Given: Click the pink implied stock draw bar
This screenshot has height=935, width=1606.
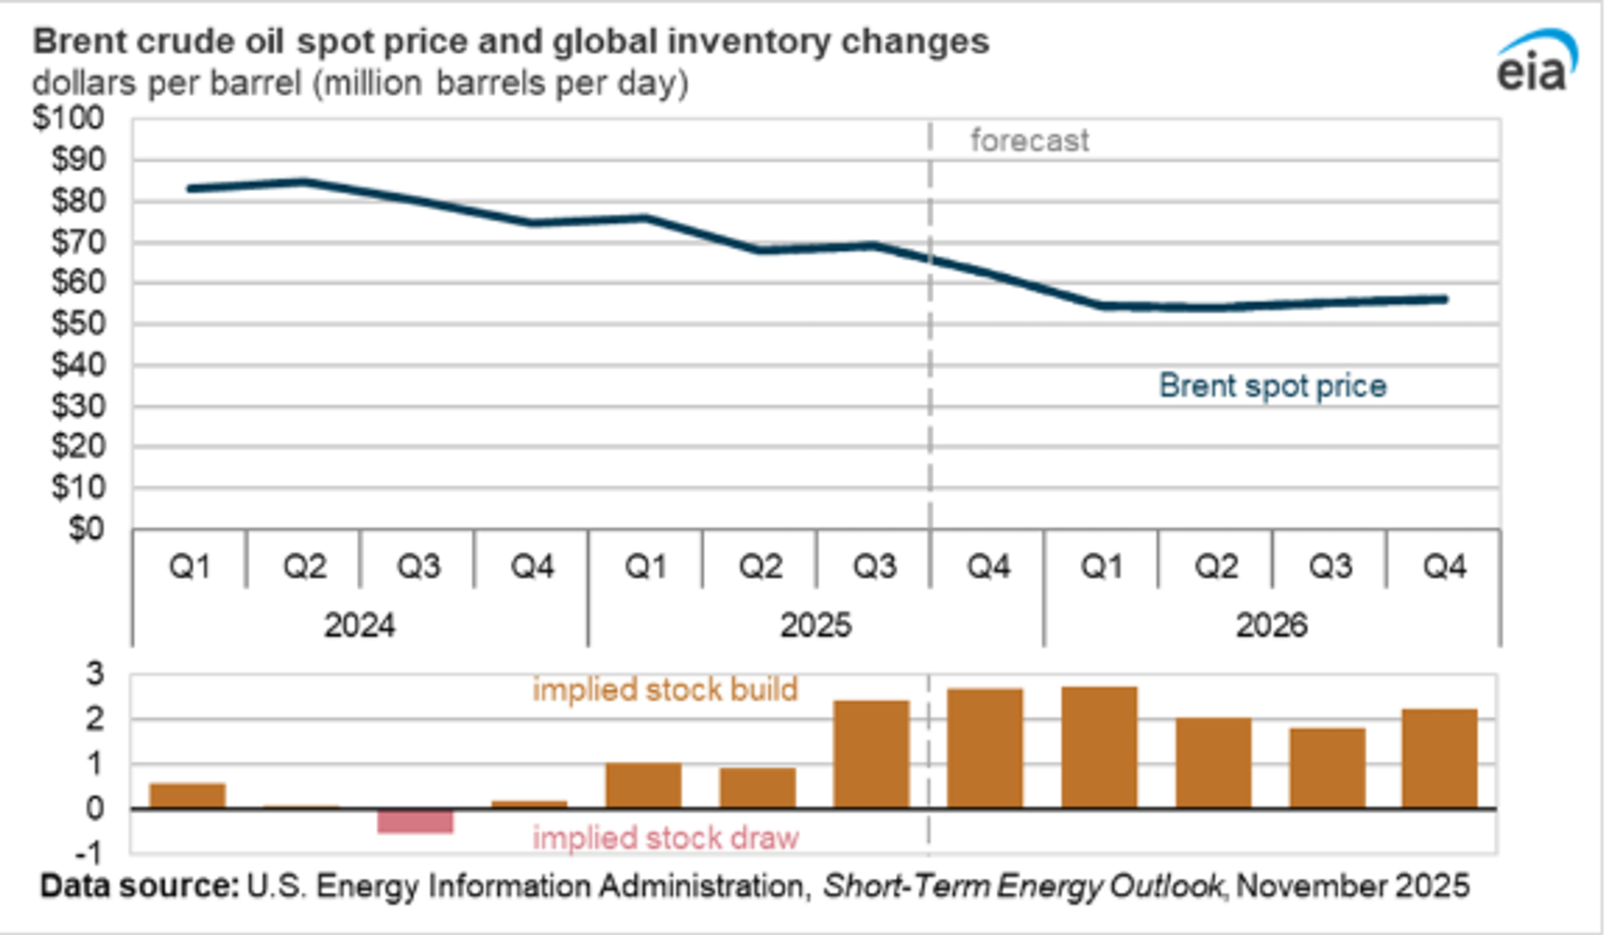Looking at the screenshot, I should [415, 820].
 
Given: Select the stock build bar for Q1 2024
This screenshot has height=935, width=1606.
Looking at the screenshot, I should [187, 795].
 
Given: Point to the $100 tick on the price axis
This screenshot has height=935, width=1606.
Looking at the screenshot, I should [69, 118].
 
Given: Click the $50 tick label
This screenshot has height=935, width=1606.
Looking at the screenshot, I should [78, 324].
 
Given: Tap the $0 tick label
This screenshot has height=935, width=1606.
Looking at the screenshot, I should [87, 529].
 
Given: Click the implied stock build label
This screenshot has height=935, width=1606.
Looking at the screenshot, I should [665, 690].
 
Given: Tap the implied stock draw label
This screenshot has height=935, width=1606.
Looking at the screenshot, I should [665, 838].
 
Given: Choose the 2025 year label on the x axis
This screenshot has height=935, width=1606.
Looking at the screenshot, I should [815, 625].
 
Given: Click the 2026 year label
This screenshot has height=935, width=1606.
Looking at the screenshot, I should [1271, 625].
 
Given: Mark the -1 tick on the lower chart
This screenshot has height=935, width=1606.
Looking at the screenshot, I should [93, 853].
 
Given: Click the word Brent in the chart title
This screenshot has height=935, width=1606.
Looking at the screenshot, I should [79, 42].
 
